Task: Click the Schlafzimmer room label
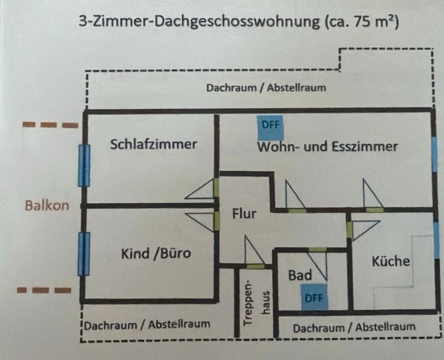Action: [x=154, y=144]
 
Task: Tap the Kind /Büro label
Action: [x=156, y=253]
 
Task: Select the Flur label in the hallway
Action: [x=244, y=214]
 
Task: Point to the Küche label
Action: [x=391, y=261]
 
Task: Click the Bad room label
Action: [x=300, y=275]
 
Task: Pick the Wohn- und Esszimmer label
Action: [x=327, y=147]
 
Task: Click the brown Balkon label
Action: [x=47, y=205]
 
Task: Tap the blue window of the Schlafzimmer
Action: [x=84, y=165]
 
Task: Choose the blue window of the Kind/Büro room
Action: [x=84, y=254]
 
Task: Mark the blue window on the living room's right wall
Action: [x=435, y=154]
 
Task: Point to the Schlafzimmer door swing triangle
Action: [x=200, y=189]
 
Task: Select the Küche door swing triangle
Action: [x=365, y=230]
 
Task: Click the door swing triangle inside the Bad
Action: [x=318, y=265]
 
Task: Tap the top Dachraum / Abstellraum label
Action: [x=266, y=88]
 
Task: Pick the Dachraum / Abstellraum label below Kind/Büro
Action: [x=147, y=324]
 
